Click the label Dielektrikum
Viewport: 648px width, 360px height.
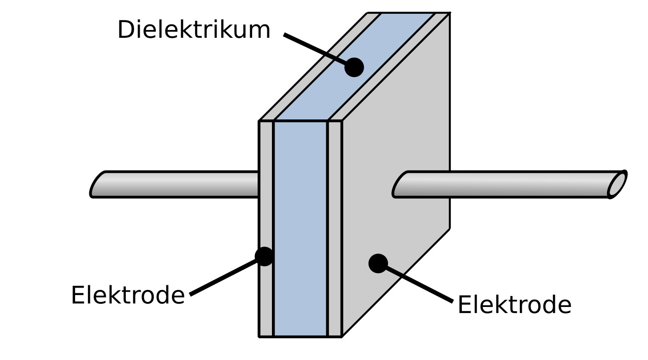click(x=194, y=30)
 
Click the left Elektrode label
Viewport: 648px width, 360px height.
click(x=128, y=295)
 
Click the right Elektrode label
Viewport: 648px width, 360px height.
click(x=514, y=305)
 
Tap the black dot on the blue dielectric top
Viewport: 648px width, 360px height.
click(x=354, y=67)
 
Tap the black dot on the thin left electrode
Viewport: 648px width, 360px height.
click(x=265, y=256)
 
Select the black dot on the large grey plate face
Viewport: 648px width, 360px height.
click(x=378, y=263)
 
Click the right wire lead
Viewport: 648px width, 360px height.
click(x=502, y=184)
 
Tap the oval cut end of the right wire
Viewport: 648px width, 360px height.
click(x=618, y=184)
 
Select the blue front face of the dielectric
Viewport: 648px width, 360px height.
click(x=300, y=230)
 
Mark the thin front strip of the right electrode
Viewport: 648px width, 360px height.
click(x=335, y=230)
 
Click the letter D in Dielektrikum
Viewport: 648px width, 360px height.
click(x=125, y=30)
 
